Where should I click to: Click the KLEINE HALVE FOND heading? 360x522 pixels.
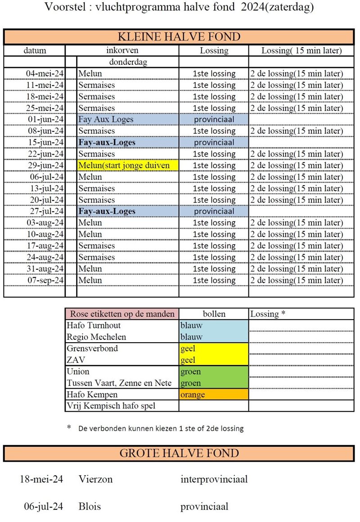click(x=179, y=37)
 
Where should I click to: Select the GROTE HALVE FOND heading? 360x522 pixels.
click(x=179, y=453)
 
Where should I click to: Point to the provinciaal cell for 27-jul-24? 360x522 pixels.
click(x=214, y=211)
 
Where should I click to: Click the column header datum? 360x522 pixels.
click(x=35, y=51)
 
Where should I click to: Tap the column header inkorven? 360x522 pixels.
click(x=122, y=50)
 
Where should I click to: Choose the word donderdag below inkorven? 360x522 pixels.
click(x=128, y=62)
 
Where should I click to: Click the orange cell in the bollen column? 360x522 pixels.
click(x=213, y=395)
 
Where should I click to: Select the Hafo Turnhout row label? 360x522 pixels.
click(x=94, y=326)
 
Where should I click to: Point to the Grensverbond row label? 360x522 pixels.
click(x=92, y=348)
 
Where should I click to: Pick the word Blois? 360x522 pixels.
click(x=90, y=507)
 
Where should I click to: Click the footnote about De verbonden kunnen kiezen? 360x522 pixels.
click(x=161, y=428)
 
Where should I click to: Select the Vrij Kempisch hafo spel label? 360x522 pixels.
click(x=111, y=406)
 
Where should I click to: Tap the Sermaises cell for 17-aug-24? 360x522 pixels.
click(x=97, y=246)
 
